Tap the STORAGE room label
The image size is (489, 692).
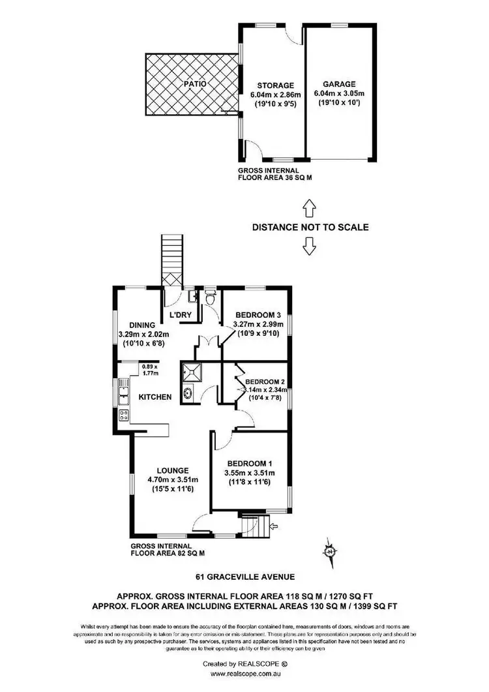coord(274,85)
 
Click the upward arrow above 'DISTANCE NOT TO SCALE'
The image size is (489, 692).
coord(309,209)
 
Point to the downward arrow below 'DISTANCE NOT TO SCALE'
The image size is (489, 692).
coord(309,246)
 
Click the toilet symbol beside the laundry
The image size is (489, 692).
coord(210,299)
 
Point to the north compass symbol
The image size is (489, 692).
coord(331,552)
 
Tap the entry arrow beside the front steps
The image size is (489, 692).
coord(274,524)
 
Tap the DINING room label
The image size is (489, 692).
coord(141,325)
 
